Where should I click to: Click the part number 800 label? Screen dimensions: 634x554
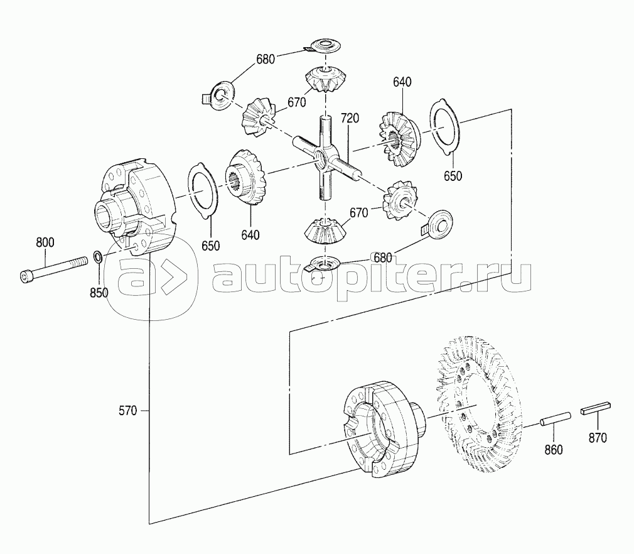pos(45,243)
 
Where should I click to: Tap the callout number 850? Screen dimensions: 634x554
pos(99,292)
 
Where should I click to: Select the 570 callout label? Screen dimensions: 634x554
pos(128,411)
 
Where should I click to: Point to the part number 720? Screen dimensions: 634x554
pos(350,118)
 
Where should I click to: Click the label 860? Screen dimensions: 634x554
pos(554,450)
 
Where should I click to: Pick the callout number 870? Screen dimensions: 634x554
pos(598,438)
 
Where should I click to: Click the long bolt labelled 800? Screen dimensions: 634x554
pos(53,269)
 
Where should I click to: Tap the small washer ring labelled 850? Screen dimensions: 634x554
pos(97,256)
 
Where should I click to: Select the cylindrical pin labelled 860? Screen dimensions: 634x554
pos(556,419)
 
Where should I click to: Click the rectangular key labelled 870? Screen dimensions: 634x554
pos(596,408)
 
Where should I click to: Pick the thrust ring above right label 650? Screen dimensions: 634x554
pos(445,127)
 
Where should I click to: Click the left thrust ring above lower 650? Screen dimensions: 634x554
pos(203,191)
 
